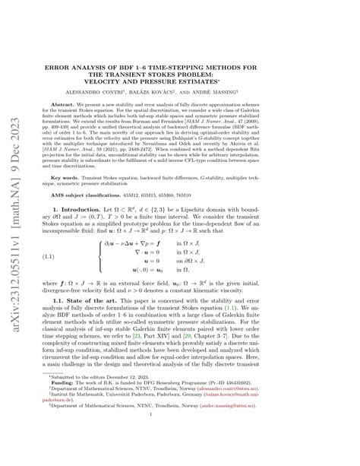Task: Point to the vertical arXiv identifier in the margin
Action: pyautogui.click(x=14, y=233)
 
